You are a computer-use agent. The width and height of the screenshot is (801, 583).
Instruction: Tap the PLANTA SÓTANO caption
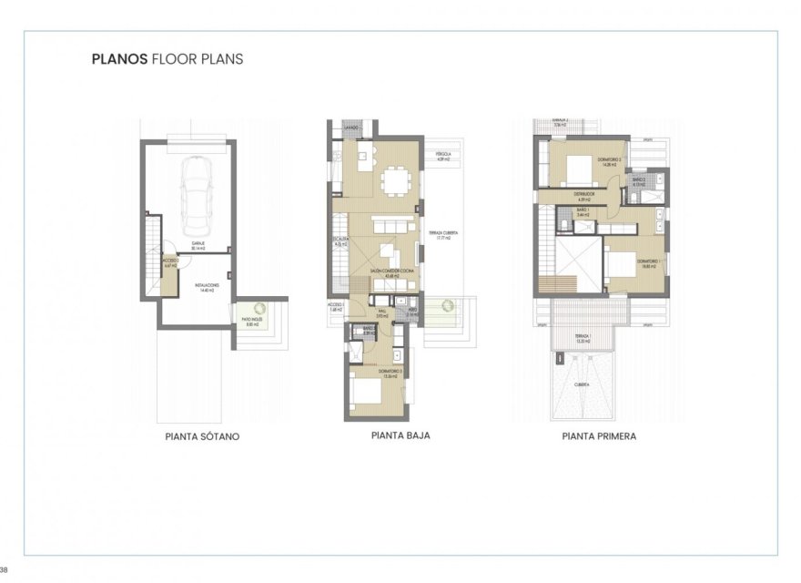coord(202,436)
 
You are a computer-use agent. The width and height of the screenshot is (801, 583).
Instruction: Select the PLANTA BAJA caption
coord(400,435)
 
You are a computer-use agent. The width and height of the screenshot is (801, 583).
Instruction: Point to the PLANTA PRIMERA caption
coord(599,436)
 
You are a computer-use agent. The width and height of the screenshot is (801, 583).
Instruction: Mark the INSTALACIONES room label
coord(207,286)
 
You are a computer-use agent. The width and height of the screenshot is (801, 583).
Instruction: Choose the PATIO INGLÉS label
coord(252,320)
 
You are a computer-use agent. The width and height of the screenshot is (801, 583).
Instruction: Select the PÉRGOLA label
coord(443,155)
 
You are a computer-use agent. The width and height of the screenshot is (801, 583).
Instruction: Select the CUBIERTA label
coord(580,384)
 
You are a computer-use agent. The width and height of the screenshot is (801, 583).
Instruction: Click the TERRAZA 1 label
coord(583,336)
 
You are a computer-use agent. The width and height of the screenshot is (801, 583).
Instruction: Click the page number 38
coord(5,570)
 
